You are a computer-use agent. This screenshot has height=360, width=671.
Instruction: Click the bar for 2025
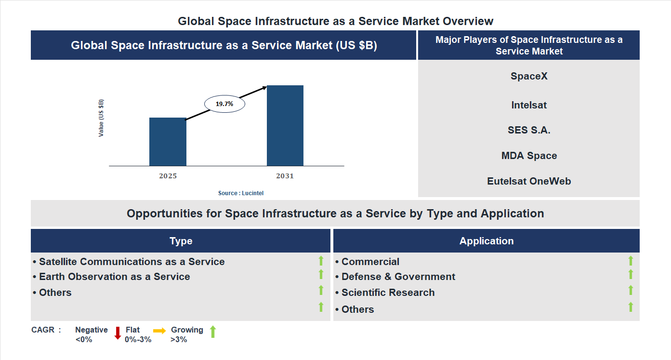[168, 142]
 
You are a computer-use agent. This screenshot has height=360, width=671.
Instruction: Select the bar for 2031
[285, 126]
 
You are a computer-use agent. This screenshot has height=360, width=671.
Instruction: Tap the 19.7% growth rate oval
[224, 104]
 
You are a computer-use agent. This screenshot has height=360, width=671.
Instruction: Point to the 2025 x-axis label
[168, 176]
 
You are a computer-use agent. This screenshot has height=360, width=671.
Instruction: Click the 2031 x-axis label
[285, 176]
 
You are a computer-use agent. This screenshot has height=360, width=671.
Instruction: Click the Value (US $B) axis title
[101, 118]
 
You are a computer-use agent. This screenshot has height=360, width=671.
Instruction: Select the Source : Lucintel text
[241, 193]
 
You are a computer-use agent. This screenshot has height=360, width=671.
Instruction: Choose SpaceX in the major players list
[529, 76]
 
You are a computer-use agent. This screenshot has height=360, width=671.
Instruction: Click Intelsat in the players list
[529, 105]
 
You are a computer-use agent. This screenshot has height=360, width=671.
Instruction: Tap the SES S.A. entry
[529, 130]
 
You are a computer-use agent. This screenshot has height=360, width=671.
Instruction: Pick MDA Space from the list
[529, 156]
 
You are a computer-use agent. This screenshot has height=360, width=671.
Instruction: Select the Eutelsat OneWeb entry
[529, 181]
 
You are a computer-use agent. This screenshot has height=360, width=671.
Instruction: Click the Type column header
[181, 241]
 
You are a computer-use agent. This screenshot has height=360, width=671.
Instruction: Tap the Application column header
[487, 241]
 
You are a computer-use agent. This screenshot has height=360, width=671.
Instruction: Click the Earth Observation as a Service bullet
[114, 277]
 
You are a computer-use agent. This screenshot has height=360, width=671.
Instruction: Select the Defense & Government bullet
[398, 277]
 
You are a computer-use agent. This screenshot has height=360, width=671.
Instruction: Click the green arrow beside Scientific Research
[631, 290]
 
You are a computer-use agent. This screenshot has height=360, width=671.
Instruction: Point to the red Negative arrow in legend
[118, 333]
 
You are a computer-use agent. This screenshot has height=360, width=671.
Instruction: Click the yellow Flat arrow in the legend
[159, 331]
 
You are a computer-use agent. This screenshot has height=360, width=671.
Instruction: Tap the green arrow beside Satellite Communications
[321, 261]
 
